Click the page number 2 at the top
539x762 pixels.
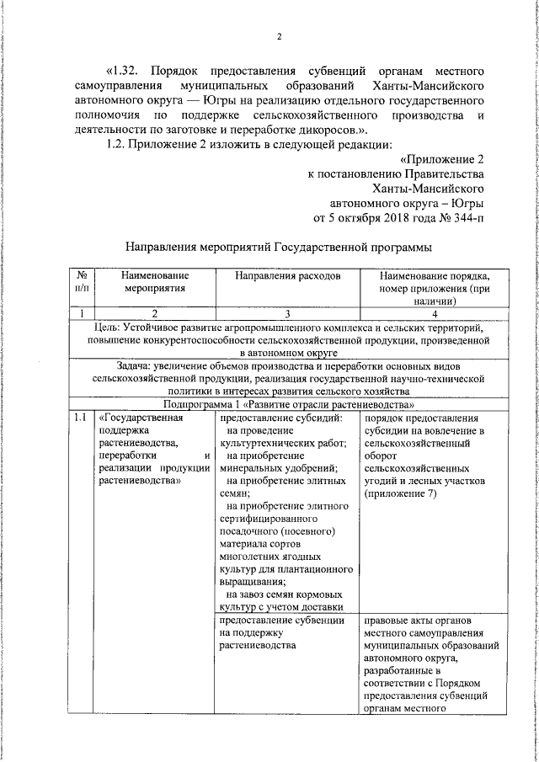point(279,35)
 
